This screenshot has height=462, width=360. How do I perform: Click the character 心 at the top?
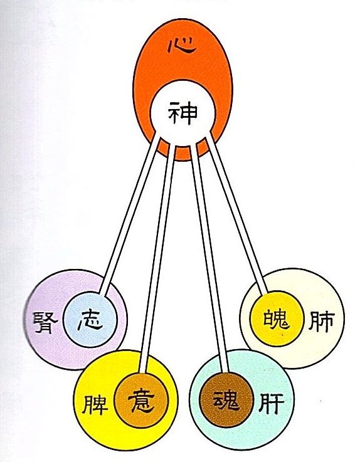pos(181,46)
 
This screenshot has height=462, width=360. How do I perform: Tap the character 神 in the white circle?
pos(183,113)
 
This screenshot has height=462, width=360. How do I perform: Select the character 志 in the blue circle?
pos(90,320)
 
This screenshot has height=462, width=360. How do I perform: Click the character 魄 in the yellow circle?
pos(276,318)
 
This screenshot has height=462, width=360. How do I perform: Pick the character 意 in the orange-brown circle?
pos(141,400)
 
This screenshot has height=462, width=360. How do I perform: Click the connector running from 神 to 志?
pos(130,214)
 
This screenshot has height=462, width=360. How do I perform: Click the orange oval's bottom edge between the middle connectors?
pos(183,159)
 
